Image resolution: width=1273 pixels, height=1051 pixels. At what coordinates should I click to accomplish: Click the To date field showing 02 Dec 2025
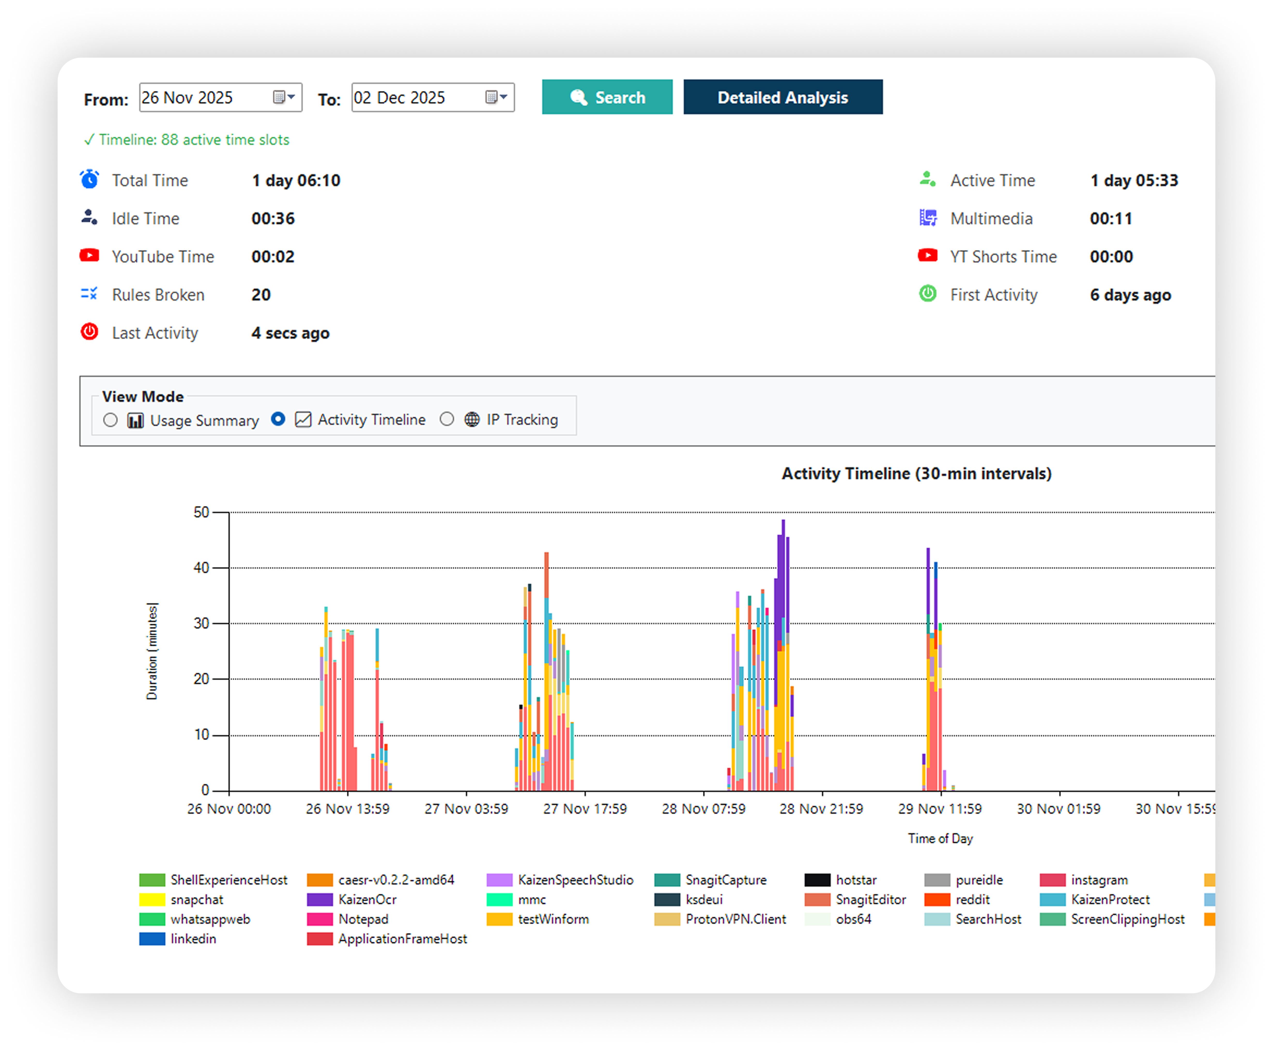(x=418, y=97)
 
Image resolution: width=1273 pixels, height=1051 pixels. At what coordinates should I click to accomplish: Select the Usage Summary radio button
(x=110, y=420)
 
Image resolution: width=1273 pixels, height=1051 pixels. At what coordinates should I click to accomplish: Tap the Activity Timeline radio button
(x=278, y=419)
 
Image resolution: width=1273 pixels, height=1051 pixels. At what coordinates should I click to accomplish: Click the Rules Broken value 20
(x=261, y=295)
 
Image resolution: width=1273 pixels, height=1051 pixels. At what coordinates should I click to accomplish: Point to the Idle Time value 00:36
(x=273, y=219)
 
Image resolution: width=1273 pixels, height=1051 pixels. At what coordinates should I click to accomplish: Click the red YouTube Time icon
(x=90, y=255)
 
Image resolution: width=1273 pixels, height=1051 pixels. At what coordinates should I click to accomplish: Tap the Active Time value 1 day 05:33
(x=1134, y=180)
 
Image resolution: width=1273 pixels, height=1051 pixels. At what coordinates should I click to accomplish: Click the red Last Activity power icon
(x=90, y=332)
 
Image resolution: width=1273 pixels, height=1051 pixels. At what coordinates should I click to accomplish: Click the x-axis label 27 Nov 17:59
(x=585, y=809)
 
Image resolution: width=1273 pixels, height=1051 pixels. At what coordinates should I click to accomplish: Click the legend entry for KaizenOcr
(x=367, y=900)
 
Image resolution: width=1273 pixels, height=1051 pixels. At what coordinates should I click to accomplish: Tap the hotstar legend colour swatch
(x=817, y=880)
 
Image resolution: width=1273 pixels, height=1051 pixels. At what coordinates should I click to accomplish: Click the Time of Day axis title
(x=940, y=839)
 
